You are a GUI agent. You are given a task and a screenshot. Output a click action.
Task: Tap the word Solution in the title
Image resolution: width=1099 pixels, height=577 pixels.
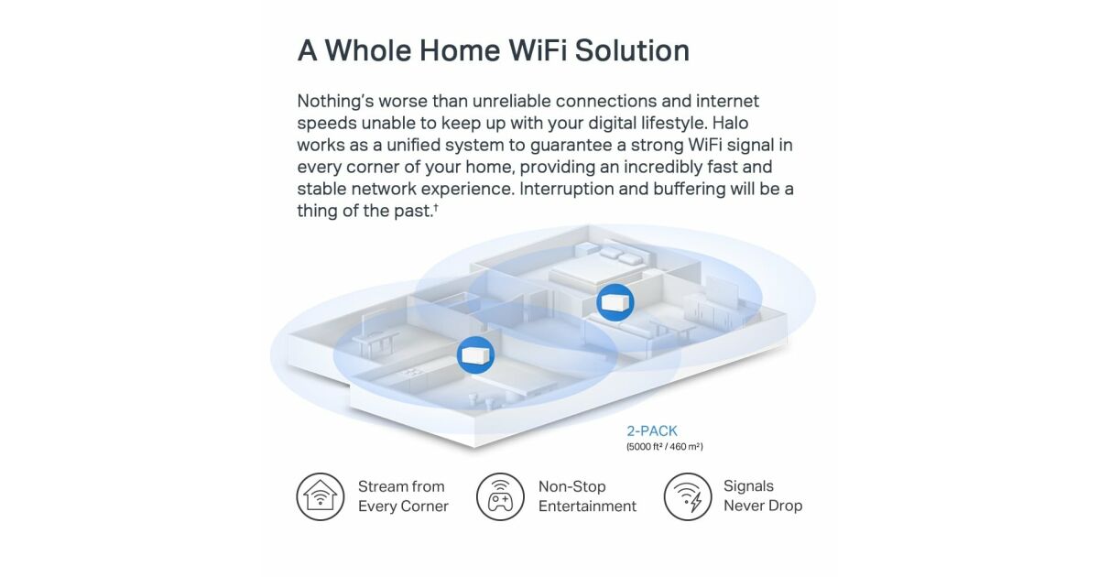[x=632, y=50]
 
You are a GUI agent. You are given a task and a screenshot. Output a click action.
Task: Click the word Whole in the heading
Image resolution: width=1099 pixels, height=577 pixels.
[x=368, y=50]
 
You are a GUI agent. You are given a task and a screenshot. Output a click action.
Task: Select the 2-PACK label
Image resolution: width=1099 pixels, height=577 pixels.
[x=651, y=430]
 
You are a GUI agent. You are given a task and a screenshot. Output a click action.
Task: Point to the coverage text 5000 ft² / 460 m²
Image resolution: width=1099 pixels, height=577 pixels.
[x=664, y=447]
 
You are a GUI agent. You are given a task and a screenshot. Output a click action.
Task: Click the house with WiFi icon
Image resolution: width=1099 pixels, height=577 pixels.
[x=320, y=496]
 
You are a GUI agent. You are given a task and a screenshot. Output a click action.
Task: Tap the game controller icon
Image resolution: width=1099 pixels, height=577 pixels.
[x=500, y=496]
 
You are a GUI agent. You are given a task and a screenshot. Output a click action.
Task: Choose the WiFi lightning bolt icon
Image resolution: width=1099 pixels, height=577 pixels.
[x=688, y=496]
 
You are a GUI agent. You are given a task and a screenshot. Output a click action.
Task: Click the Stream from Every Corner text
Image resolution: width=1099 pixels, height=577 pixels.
[x=403, y=496]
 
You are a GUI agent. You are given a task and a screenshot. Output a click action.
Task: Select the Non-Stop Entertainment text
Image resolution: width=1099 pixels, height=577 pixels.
[x=587, y=496]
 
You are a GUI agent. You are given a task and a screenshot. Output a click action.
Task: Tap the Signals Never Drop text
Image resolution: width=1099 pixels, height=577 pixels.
[x=763, y=495]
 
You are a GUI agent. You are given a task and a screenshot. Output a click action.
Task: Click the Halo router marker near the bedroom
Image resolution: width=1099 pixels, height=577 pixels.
[x=615, y=302]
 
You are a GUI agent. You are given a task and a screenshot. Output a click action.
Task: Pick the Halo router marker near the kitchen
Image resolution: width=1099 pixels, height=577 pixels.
[x=475, y=354]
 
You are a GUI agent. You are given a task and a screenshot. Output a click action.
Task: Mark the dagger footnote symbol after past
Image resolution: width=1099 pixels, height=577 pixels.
[x=435, y=208]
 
